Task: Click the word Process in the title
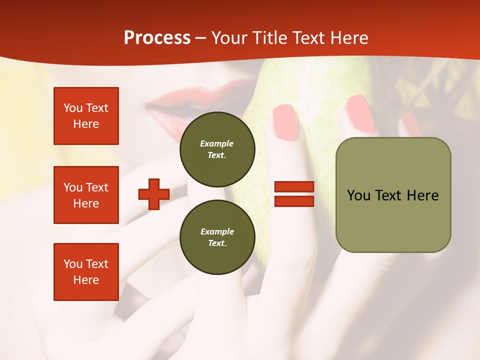pyautogui.click(x=157, y=38)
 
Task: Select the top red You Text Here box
pyautogui.click(x=86, y=116)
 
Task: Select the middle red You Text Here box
pyautogui.click(x=86, y=195)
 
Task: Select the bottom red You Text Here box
pyautogui.click(x=86, y=272)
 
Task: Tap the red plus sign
pyautogui.click(x=154, y=194)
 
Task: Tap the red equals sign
pyautogui.click(x=294, y=194)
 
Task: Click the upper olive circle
pyautogui.click(x=217, y=149)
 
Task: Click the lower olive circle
pyautogui.click(x=217, y=237)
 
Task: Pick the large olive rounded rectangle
pyautogui.click(x=393, y=195)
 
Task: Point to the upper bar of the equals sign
pyautogui.click(x=294, y=187)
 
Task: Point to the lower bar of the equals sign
pyautogui.click(x=294, y=201)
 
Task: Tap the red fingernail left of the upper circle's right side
pyautogui.click(x=286, y=122)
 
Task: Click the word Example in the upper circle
pyautogui.click(x=216, y=143)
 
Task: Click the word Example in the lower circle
pyautogui.click(x=217, y=231)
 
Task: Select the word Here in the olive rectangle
pyautogui.click(x=422, y=195)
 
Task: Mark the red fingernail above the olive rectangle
pyautogui.click(x=360, y=113)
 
